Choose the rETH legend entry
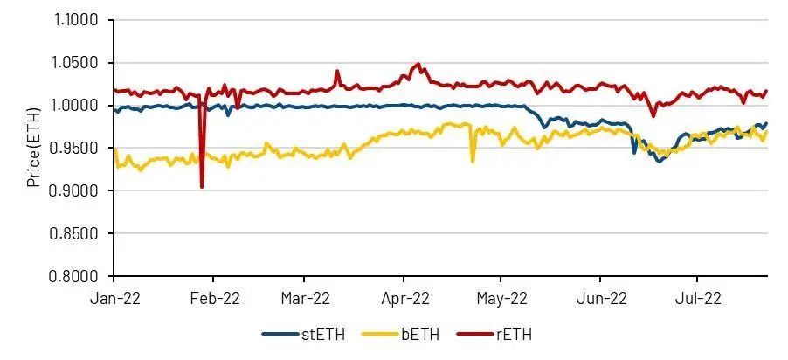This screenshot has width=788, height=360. click(508, 334)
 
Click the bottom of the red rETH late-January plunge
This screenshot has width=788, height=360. click(202, 187)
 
